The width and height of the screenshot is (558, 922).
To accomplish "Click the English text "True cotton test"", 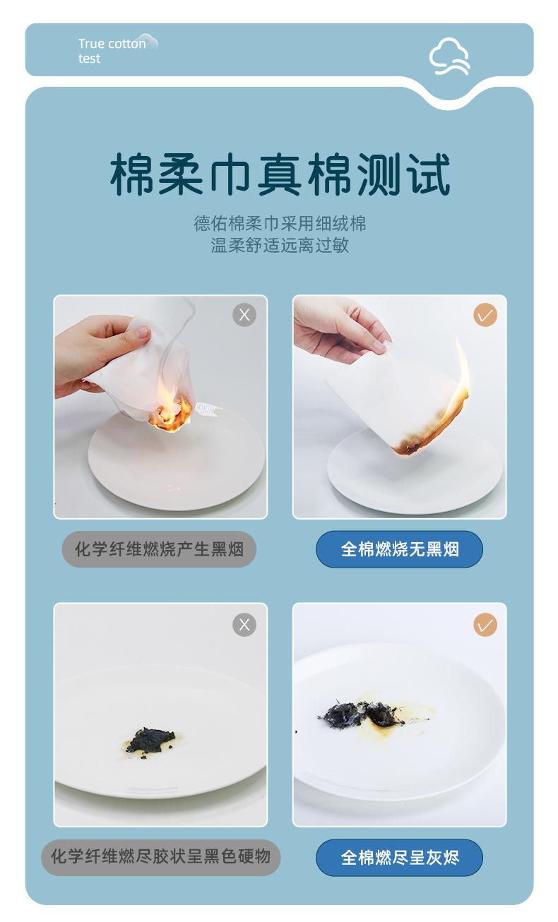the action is click(x=111, y=51).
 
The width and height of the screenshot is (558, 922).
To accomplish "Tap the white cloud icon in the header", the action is click(x=449, y=56).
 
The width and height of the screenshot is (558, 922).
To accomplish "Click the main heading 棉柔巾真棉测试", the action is click(x=280, y=174).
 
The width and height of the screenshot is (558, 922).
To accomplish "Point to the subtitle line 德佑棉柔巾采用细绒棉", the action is click(x=280, y=224).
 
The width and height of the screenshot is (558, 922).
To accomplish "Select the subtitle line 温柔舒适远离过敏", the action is click(x=280, y=245).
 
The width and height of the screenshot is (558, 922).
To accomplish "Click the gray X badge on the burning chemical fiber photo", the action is click(x=244, y=316).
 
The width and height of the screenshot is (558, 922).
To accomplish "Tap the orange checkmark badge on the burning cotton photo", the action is click(x=485, y=316).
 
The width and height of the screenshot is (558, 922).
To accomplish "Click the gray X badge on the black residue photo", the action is click(x=244, y=625).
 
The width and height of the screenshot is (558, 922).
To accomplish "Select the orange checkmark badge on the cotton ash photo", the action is click(x=485, y=625).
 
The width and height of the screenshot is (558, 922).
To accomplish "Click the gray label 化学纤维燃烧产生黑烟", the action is click(x=159, y=549).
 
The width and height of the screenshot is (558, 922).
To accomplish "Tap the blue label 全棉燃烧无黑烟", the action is click(x=399, y=549).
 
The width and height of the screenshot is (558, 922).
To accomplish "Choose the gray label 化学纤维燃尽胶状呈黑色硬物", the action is click(x=160, y=857).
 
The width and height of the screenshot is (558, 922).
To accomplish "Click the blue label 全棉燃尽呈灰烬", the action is click(x=399, y=858).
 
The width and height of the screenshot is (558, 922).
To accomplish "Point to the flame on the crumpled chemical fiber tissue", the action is click(x=170, y=412).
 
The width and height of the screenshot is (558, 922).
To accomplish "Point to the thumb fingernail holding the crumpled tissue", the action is click(x=142, y=333).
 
